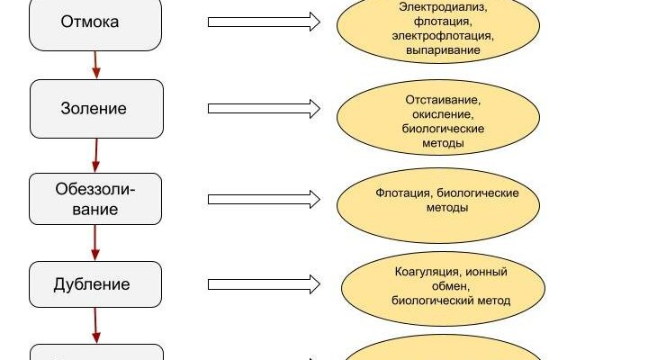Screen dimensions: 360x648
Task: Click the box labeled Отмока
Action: click(96, 22)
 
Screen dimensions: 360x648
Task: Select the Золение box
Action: click(96, 109)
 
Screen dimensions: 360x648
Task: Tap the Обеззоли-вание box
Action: click(96, 198)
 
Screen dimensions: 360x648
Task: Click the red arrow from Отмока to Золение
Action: click(95, 64)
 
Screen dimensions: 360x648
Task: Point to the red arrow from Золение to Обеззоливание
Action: click(95, 155)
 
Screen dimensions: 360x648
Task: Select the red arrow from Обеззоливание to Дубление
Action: click(95, 242)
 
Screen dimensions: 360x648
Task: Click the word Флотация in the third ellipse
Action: click(399, 193)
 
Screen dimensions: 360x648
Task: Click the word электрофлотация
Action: click(442, 37)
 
